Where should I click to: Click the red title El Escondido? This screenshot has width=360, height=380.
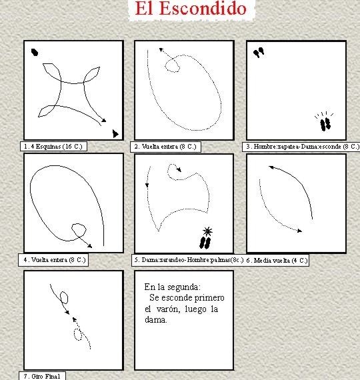point(191,8)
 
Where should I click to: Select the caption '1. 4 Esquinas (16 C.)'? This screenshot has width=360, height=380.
point(53,147)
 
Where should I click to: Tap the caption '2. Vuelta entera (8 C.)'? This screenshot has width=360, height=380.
point(165,147)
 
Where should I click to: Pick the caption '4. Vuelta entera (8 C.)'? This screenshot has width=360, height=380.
point(55,260)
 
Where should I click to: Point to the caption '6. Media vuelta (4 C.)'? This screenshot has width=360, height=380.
point(277,260)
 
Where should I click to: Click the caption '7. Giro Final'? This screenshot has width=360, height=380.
point(42,377)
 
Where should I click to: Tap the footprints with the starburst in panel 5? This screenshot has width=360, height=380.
point(205,243)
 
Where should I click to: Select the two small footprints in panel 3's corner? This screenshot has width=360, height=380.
point(259,53)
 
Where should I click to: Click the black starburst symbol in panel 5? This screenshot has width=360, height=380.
point(207,231)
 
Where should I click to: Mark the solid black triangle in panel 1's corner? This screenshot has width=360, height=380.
point(115,133)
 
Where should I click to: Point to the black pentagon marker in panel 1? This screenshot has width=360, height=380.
point(35,52)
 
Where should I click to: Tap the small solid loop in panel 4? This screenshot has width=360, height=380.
point(79,230)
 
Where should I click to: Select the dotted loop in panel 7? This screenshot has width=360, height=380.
point(78,335)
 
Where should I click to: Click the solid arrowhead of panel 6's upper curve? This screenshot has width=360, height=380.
point(271,167)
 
